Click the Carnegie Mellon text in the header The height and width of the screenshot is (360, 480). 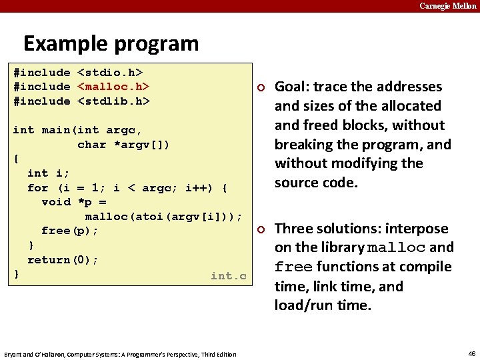pyautogui.click(x=447, y=6)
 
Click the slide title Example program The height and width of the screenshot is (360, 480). pyautogui.click(x=111, y=43)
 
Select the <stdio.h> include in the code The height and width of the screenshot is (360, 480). pyautogui.click(x=113, y=72)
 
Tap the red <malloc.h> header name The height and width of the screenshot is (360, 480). pyautogui.click(x=113, y=87)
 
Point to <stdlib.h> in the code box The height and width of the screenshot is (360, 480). pyautogui.click(x=113, y=101)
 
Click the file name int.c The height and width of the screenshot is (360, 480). pyautogui.click(x=228, y=275)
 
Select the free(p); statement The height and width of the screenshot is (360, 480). pyautogui.click(x=70, y=231)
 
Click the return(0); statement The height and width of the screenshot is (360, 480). pyautogui.click(x=63, y=259)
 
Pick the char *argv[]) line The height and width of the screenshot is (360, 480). pyautogui.click(x=123, y=144)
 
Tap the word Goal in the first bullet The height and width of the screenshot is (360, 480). pyautogui.click(x=291, y=87)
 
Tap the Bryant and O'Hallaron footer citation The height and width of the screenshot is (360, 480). pyautogui.click(x=120, y=353)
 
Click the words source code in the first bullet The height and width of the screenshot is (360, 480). pyautogui.click(x=316, y=183)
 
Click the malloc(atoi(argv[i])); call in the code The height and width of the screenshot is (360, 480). pyautogui.click(x=163, y=216)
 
